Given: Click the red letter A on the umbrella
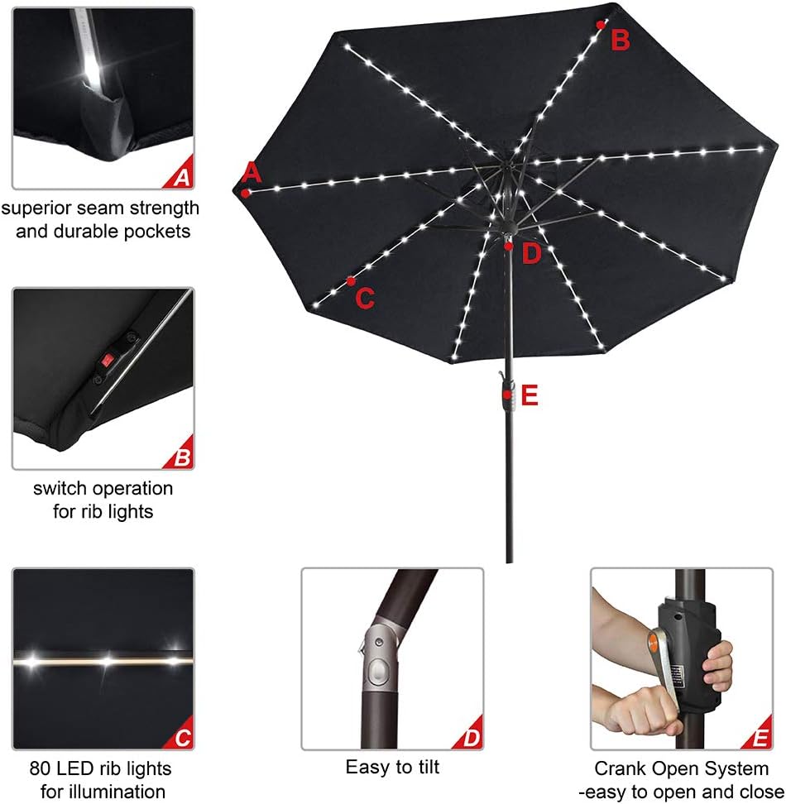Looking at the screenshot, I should [x=252, y=173].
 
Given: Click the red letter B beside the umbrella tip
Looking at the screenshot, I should [x=621, y=39].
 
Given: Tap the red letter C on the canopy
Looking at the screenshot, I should [x=365, y=298].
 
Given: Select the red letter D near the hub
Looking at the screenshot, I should [x=531, y=253].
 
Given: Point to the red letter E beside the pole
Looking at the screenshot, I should [x=530, y=396].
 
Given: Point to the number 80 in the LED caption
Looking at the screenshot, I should [x=41, y=768].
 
